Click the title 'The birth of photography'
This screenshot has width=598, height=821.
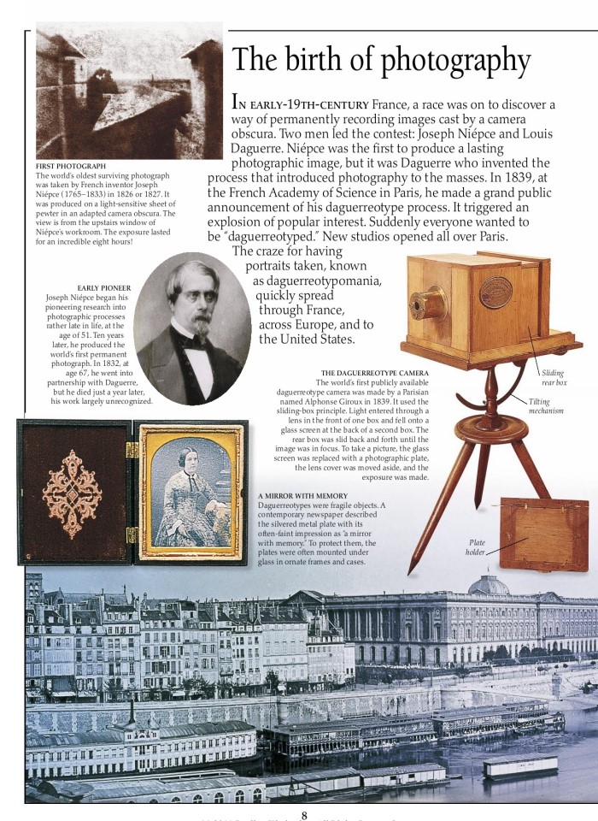pyautogui.click(x=381, y=60)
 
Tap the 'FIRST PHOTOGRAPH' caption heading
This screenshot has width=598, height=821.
pyautogui.click(x=71, y=165)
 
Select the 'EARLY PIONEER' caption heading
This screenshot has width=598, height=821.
pyautogui.click(x=103, y=288)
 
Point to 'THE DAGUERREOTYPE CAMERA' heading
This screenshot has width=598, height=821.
pyautogui.click(x=375, y=373)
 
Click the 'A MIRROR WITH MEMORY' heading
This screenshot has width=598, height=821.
pyautogui.click(x=302, y=496)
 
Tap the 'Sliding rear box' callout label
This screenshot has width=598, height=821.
pyautogui.click(x=554, y=378)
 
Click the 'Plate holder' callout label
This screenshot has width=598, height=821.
pyautogui.click(x=476, y=547)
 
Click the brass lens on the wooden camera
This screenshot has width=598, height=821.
pyautogui.click(x=426, y=304)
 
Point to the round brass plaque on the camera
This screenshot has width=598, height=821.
pyautogui.click(x=495, y=292)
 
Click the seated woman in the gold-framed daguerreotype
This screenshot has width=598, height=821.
pyautogui.click(x=186, y=492)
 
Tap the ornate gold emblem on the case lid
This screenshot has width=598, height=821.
pyautogui.click(x=72, y=493)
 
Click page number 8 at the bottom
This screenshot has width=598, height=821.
pyautogui.click(x=303, y=814)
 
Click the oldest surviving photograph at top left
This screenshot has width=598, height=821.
pyautogui.click(x=128, y=90)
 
